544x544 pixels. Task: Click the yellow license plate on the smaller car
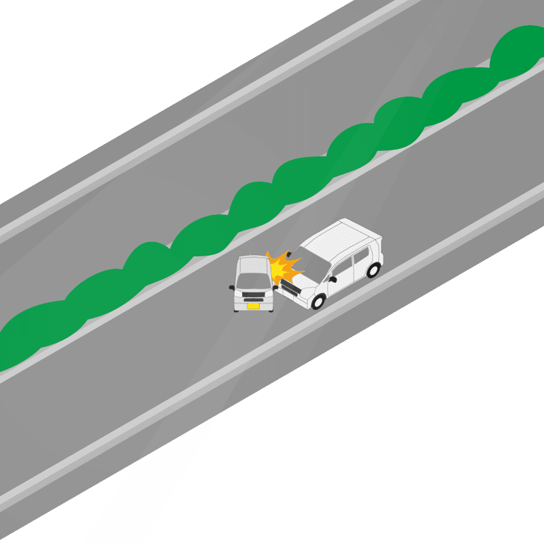coord(253,305)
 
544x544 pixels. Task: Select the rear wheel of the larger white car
coord(373,270)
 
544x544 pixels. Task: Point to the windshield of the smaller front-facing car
coord(252,279)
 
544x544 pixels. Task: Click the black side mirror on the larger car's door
coord(333,279)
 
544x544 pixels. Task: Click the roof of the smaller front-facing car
coord(251,262)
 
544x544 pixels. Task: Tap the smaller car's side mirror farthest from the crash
coord(232,288)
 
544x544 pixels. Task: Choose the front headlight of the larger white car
coord(304,294)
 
